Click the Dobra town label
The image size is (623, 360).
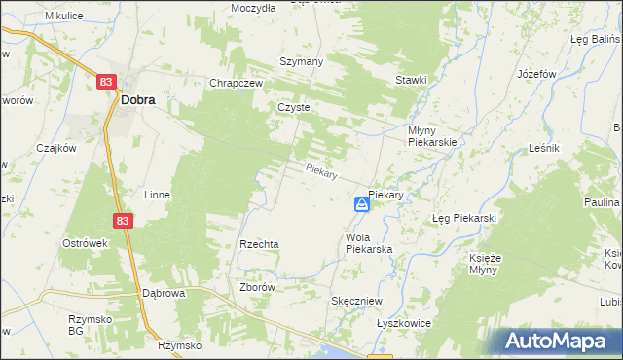[x=137, y=98]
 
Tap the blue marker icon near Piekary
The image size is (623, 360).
[x=361, y=204]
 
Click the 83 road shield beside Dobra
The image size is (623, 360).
[x=107, y=84]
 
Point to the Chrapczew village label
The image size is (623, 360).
[x=237, y=83]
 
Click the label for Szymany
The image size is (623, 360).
[x=303, y=60]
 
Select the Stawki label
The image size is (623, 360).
[x=411, y=80]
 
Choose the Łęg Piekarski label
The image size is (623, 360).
[x=464, y=218]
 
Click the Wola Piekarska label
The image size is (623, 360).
[x=368, y=243]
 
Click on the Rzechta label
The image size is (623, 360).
[x=260, y=244]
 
